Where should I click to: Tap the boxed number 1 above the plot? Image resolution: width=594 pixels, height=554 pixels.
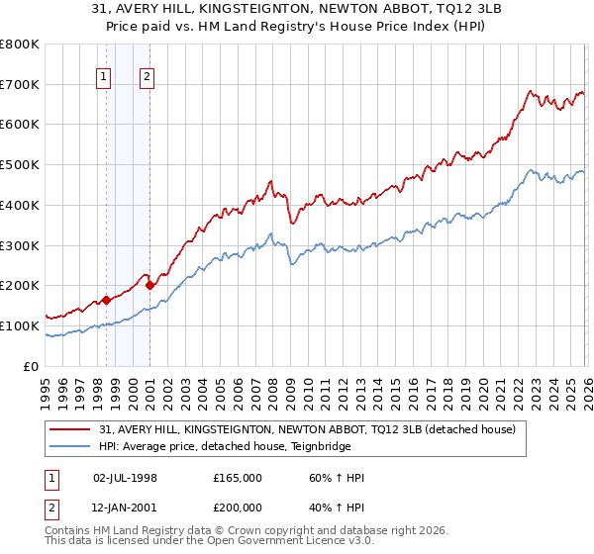104,77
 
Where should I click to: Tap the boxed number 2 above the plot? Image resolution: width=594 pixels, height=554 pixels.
147,77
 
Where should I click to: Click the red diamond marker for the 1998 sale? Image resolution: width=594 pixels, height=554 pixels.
106,300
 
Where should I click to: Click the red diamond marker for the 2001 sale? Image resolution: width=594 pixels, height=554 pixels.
149,285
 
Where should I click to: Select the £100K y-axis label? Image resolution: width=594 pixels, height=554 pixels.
20,325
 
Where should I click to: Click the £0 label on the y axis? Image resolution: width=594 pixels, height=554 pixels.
32,366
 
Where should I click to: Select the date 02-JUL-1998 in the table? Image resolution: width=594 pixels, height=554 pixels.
125,478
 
